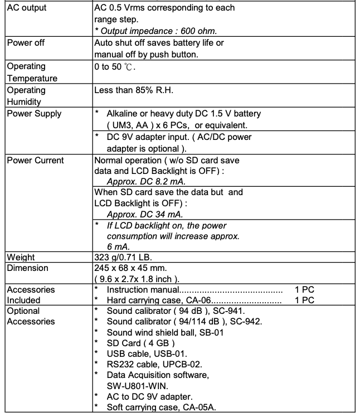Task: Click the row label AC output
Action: click(x=27, y=8)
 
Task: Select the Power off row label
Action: click(x=26, y=43)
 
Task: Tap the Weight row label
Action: click(x=21, y=258)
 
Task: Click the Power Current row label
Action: click(x=35, y=161)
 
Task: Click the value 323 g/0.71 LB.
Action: click(x=125, y=258)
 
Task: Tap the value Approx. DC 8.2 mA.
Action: click(x=146, y=181)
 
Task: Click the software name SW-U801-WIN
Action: click(x=138, y=385)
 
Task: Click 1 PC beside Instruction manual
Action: click(x=304, y=290)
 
